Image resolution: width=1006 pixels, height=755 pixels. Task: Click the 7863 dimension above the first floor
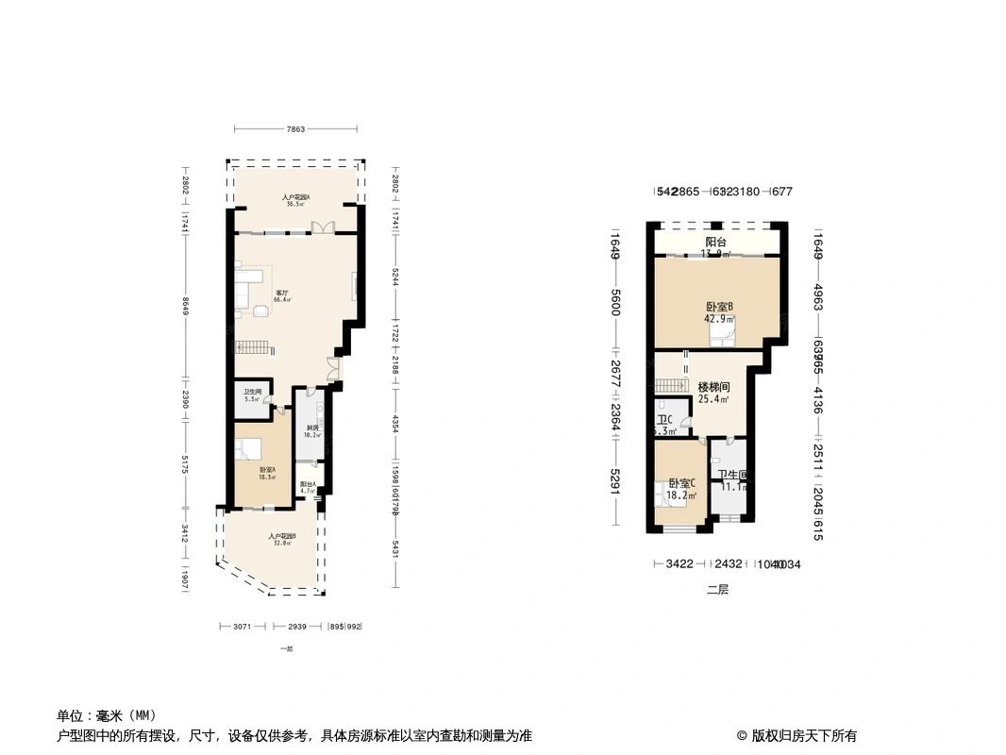coord(295,129)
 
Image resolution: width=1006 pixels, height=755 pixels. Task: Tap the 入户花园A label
coord(295,199)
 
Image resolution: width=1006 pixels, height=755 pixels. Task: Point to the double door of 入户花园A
coord(324,227)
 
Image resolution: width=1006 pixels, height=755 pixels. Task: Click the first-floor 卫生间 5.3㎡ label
coord(252,395)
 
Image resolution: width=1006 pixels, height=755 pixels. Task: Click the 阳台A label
coord(308,486)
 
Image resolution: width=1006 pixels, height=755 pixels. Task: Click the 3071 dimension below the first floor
coord(242,627)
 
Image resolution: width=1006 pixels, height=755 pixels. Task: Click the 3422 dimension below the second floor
coord(679,564)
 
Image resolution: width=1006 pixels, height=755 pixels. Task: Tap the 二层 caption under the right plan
coord(718,590)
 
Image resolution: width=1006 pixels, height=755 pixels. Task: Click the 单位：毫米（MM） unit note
coord(107,715)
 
